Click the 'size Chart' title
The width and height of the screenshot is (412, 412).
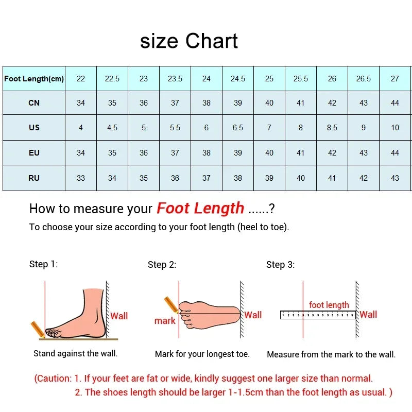click(x=189, y=41)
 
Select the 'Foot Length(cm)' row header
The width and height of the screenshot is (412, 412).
click(x=34, y=79)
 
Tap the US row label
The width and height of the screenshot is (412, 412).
click(x=34, y=127)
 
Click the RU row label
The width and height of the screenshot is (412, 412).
click(x=34, y=178)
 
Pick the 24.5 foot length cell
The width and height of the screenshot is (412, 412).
click(x=238, y=79)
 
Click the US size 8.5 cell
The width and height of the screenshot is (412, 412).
click(x=332, y=127)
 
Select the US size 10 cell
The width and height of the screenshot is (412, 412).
click(x=395, y=127)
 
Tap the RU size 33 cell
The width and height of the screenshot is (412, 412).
click(x=81, y=178)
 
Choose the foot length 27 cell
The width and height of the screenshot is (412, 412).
click(x=395, y=79)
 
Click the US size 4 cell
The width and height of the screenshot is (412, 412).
click(x=81, y=127)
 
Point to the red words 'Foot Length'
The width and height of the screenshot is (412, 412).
click(x=200, y=208)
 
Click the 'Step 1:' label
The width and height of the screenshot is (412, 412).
click(x=43, y=264)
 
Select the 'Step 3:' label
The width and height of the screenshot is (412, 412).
click(x=280, y=265)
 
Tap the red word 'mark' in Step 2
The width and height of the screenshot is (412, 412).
click(x=165, y=321)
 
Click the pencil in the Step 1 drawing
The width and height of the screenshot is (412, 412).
click(x=37, y=329)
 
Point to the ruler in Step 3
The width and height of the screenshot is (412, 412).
click(x=318, y=315)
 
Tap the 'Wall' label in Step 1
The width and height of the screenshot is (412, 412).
click(x=119, y=316)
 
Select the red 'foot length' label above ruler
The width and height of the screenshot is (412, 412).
click(x=329, y=305)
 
